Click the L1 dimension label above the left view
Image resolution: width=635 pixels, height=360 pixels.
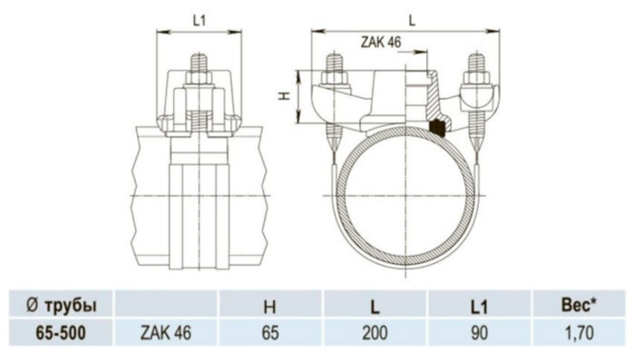pos(200,17)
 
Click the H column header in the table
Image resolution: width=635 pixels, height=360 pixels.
pos(269,305)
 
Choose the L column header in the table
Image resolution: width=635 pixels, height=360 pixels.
pos(376,305)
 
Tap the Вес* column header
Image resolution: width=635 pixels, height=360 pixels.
pos(577,305)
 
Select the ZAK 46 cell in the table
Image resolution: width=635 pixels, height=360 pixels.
pos(166,333)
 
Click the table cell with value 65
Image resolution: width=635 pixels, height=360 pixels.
pos(269,333)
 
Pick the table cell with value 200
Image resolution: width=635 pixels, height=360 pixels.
pos(376,333)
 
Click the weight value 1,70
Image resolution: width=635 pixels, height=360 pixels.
pos(577,333)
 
